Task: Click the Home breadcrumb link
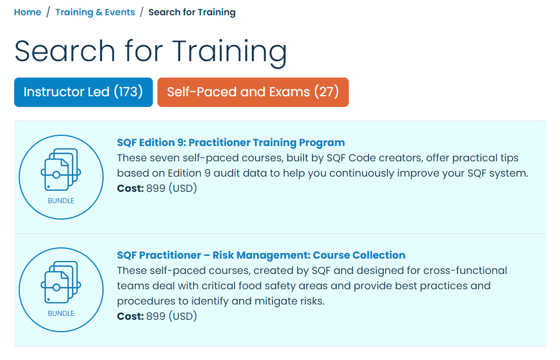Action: pos(27,12)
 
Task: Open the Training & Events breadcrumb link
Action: pos(95,12)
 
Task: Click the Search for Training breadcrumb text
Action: pos(192,12)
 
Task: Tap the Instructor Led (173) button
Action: pos(83,92)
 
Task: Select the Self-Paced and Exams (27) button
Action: pos(253,92)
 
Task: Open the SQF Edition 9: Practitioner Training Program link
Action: pos(230,143)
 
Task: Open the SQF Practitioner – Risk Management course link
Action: pos(261,255)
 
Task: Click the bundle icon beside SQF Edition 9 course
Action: pos(61,170)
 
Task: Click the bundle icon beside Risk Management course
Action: pos(61,282)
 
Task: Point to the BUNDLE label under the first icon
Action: pos(61,201)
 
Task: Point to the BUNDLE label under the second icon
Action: pos(61,314)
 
